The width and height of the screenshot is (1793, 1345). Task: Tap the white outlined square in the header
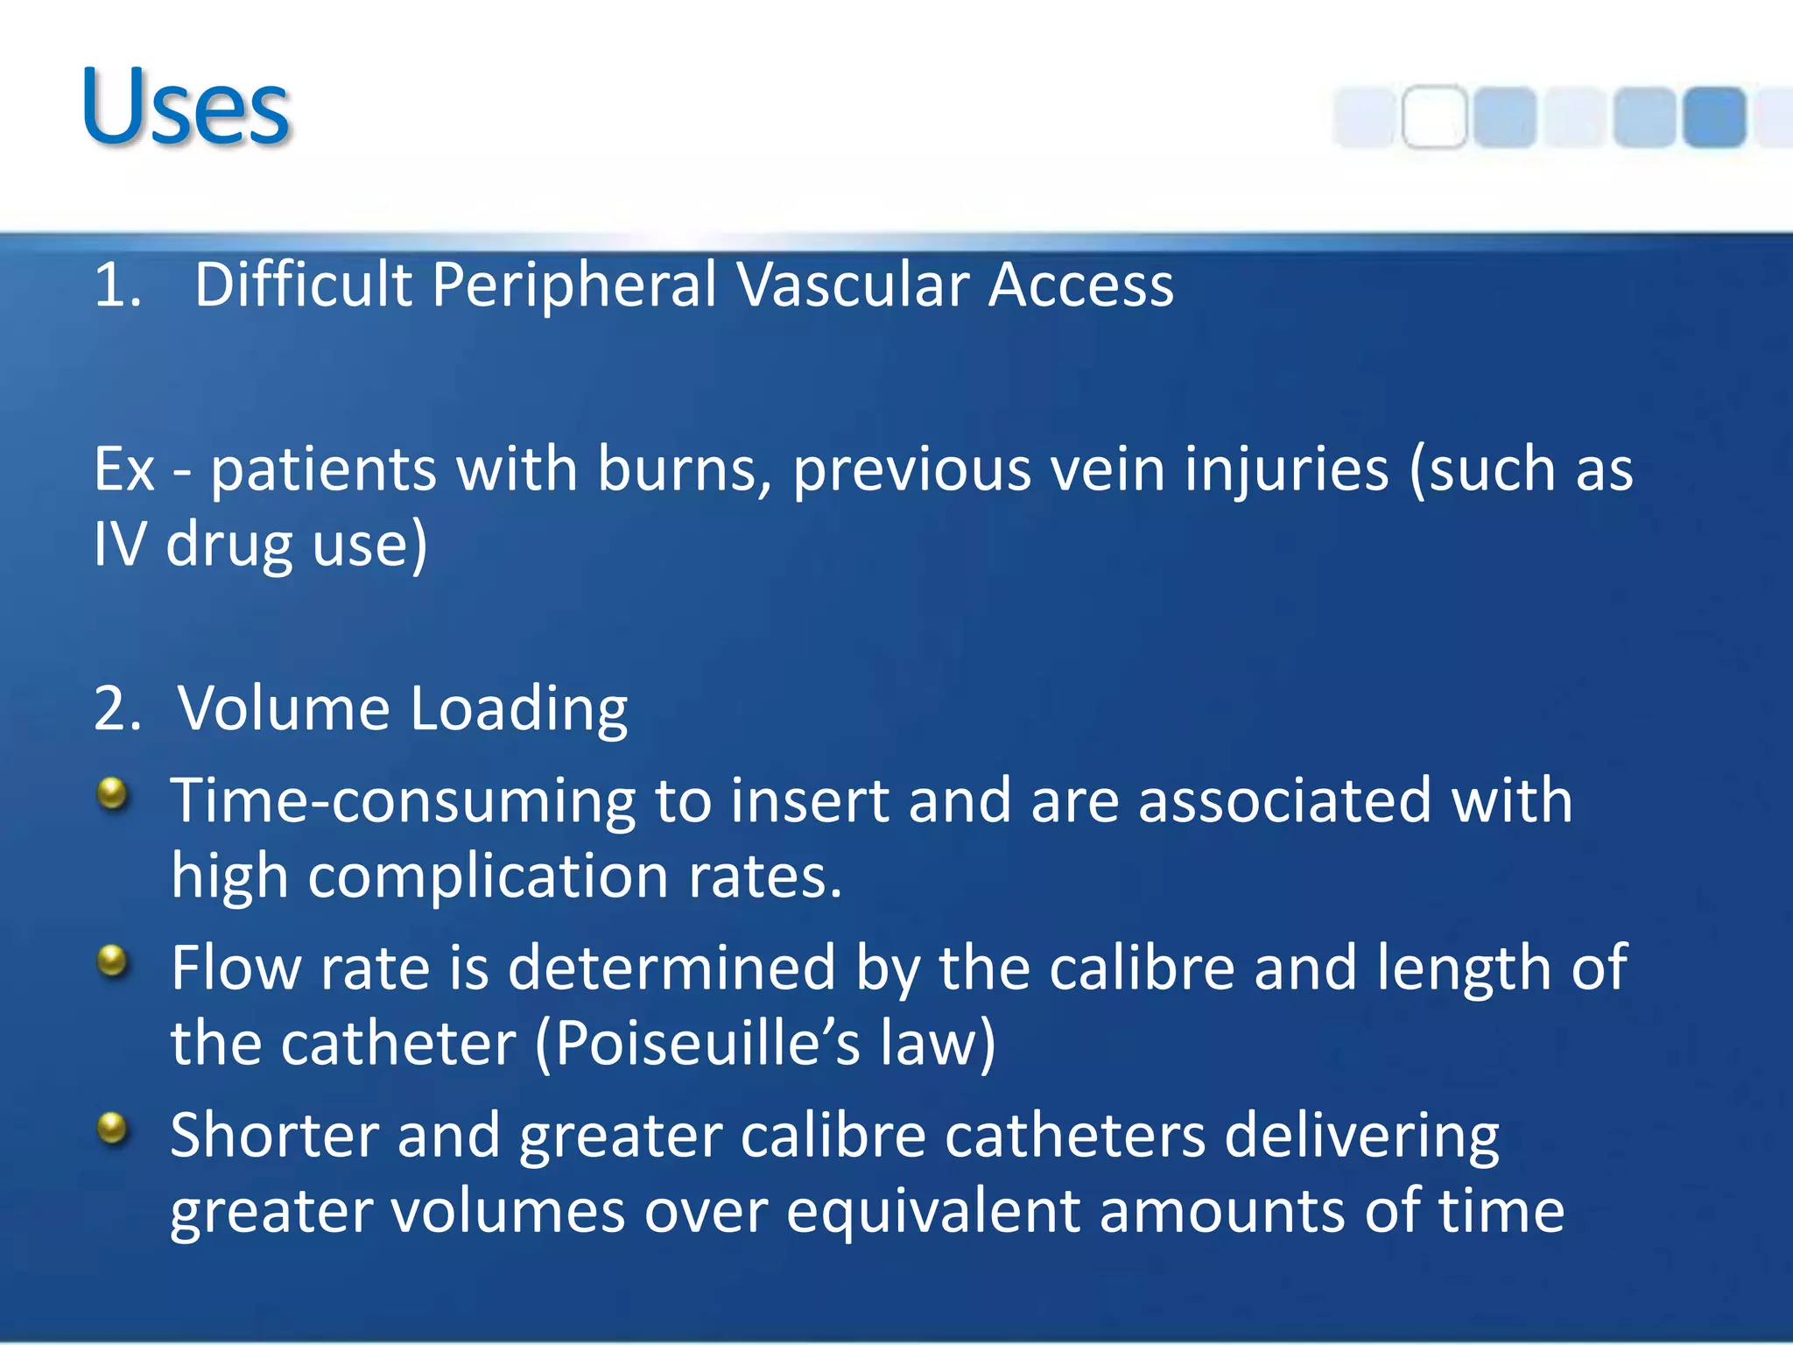click(1434, 117)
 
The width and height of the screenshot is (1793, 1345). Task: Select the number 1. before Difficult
click(117, 285)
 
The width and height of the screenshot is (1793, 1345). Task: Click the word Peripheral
click(573, 287)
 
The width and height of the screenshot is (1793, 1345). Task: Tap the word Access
click(1080, 285)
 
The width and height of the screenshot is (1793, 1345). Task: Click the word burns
click(684, 469)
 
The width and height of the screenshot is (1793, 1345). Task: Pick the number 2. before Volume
click(117, 708)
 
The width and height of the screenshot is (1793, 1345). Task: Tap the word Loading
click(518, 710)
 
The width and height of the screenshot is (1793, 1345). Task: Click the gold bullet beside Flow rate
click(112, 961)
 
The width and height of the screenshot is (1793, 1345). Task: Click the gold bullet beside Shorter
click(112, 1128)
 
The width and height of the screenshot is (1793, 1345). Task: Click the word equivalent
click(933, 1212)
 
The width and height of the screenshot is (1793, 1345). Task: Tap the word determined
click(671, 968)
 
